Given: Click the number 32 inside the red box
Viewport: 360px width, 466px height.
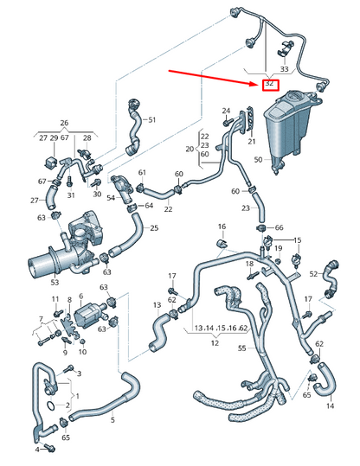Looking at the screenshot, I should (270, 84).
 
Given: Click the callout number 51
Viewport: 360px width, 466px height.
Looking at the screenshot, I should (151, 119).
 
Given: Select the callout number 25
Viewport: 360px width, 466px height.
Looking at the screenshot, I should (154, 228).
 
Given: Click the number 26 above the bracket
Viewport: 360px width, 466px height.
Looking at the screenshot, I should (63, 122).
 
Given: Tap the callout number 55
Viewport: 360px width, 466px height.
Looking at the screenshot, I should (242, 349).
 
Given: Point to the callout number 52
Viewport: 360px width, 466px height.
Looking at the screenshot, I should (315, 274).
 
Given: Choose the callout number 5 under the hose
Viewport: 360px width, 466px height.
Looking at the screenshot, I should (112, 420).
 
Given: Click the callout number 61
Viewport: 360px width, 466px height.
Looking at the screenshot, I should (142, 173).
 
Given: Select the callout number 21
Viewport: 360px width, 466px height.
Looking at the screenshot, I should (253, 141).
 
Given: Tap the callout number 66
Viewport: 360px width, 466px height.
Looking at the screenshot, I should (279, 228).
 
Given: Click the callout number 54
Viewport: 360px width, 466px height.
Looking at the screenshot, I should (112, 198).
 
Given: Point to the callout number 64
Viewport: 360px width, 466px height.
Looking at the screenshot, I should (148, 206).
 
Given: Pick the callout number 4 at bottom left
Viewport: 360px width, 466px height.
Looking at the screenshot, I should (37, 450).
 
